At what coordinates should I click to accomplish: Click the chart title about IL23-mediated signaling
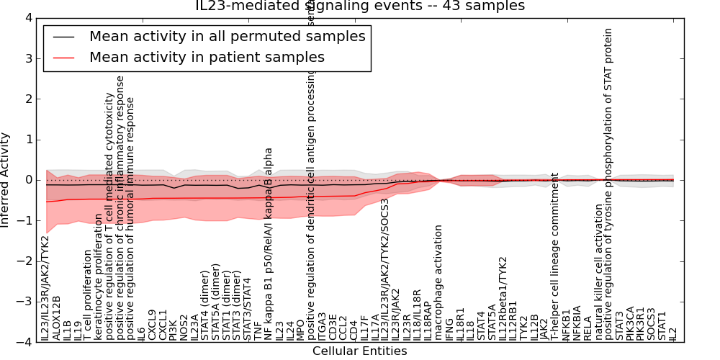[x=360, y=6]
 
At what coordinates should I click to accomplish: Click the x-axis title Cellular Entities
[x=359, y=351]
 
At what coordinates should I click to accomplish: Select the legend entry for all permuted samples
[x=227, y=37]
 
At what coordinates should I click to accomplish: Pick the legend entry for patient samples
[x=207, y=57]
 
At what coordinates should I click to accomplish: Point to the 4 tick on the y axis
[x=29, y=17]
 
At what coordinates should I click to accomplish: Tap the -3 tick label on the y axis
[x=27, y=302]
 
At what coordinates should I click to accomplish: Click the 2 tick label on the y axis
[x=29, y=99]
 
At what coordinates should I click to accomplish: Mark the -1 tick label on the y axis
[x=27, y=220]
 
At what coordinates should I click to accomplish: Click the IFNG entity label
[x=449, y=328]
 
